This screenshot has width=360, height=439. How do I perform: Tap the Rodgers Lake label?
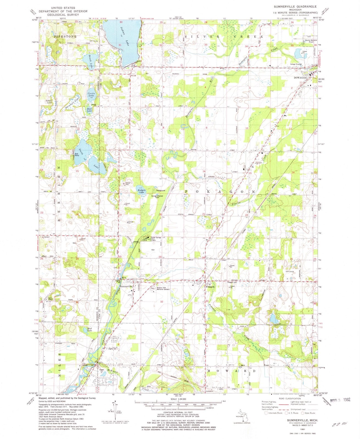pos(141,192)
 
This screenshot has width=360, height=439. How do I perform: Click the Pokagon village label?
pos(210,286)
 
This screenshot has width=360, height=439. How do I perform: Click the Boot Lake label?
pos(89,109)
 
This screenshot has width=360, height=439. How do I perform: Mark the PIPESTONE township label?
pos(65,36)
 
